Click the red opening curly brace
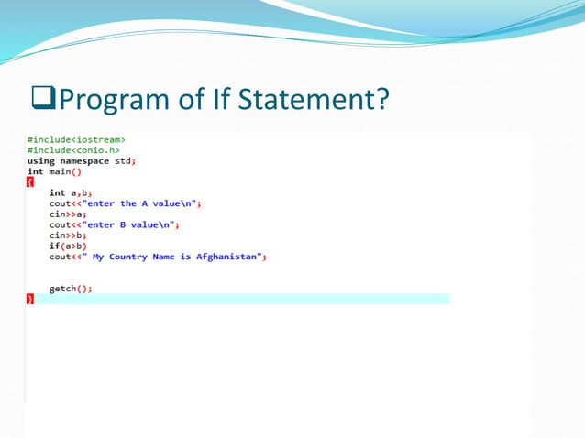point(29,182)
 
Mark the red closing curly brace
point(29,300)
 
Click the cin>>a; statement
point(63,214)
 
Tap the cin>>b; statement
point(63,235)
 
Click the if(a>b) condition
point(66,246)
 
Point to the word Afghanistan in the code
point(229,257)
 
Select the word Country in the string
point(127,257)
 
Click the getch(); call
point(70,289)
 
